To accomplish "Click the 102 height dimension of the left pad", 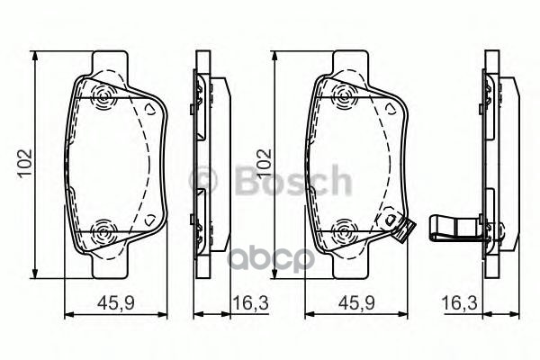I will (21, 163).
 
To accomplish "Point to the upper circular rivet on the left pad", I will (103, 95).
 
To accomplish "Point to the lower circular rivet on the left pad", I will (103, 233).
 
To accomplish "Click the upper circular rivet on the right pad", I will (343, 95).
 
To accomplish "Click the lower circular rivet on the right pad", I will (343, 233).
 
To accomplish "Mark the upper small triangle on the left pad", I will (150, 108).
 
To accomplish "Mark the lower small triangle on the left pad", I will (150, 220).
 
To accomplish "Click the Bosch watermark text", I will (270, 181).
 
